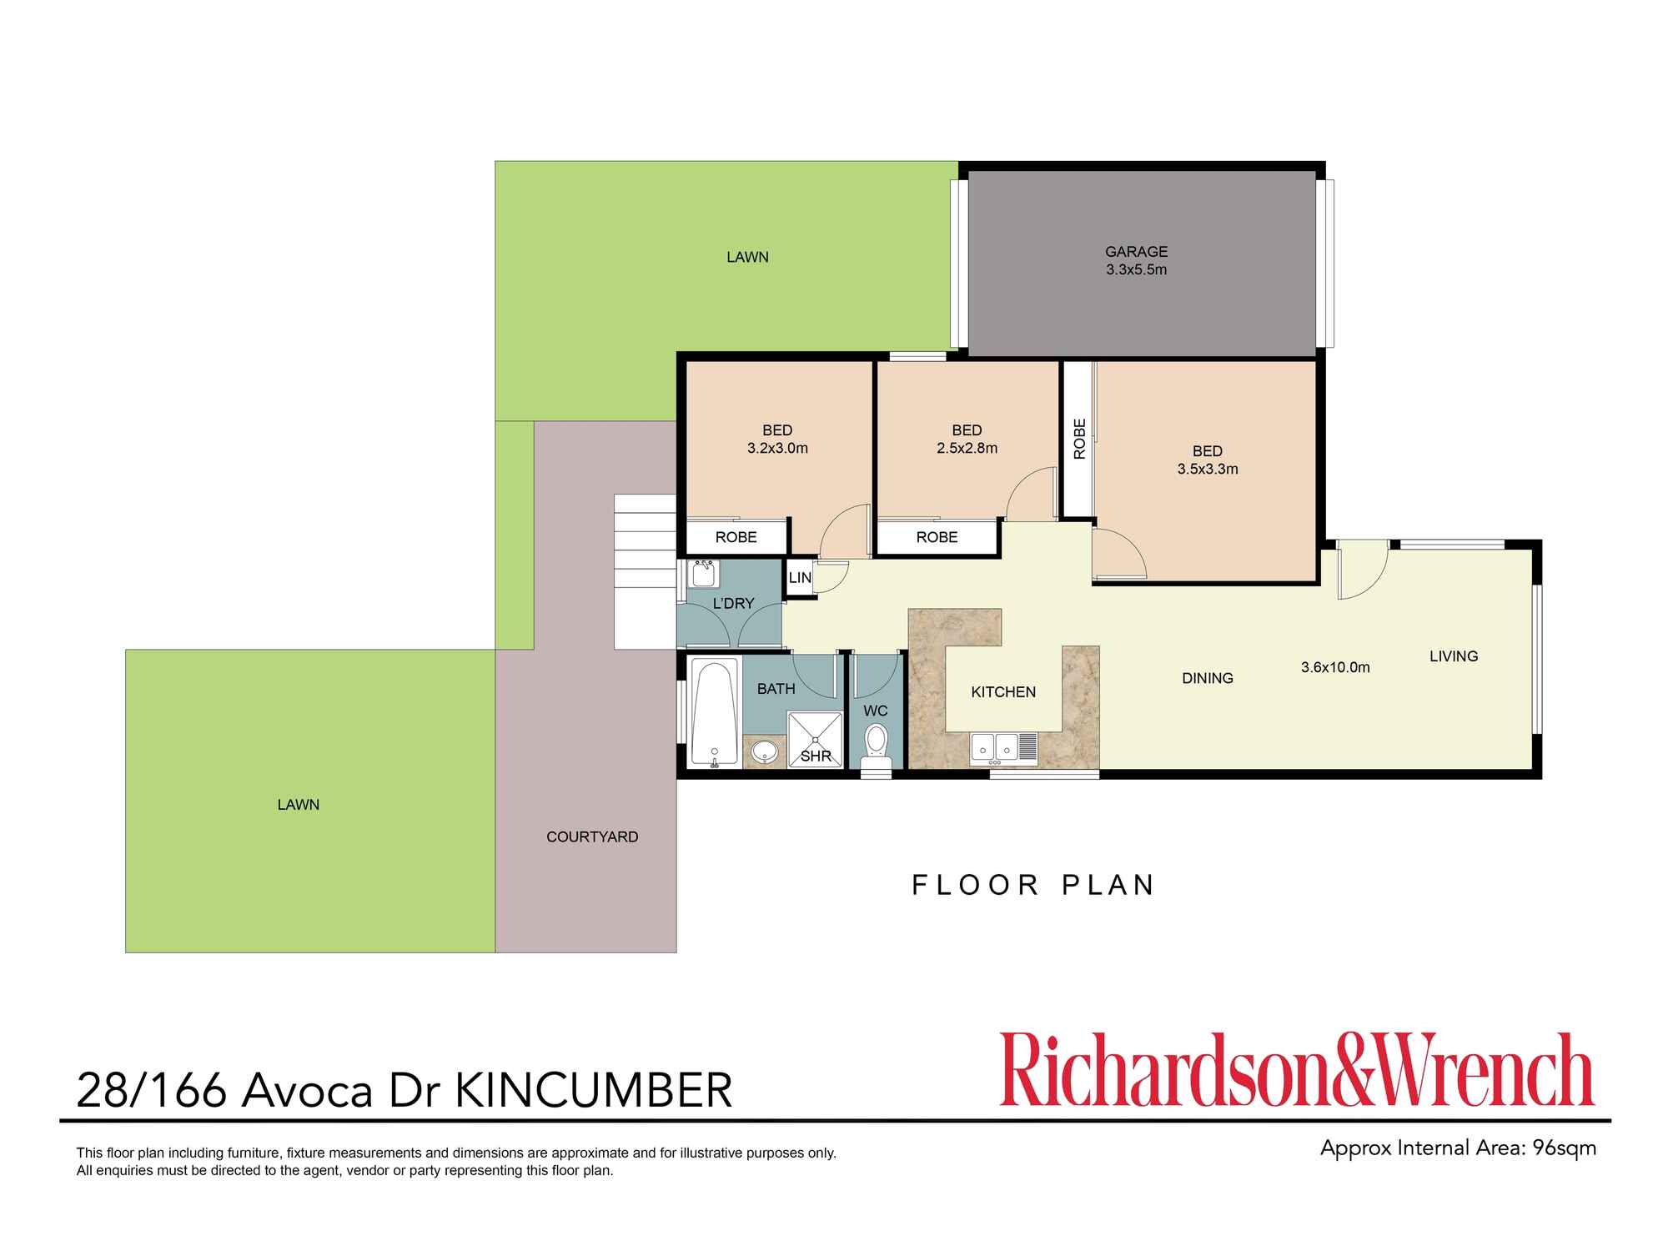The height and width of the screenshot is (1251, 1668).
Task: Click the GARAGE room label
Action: [x=1136, y=251]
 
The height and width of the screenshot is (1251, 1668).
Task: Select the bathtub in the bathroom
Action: [x=715, y=713]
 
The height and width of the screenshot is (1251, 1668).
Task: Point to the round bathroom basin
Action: [x=764, y=751]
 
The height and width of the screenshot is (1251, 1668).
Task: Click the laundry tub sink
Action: [x=703, y=574]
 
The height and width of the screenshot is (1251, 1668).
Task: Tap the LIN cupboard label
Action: [x=800, y=578]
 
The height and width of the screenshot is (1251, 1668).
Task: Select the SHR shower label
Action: [x=815, y=756]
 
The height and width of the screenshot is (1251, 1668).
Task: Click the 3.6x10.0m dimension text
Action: [x=1335, y=667]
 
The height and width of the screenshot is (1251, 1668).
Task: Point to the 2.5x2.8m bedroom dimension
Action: [x=967, y=448]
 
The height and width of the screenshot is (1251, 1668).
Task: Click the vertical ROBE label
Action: [x=1079, y=439]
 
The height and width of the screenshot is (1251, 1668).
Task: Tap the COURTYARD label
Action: [x=592, y=837]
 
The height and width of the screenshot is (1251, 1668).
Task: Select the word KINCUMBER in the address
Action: [x=595, y=1090]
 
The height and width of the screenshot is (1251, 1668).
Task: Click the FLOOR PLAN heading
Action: [x=1032, y=885]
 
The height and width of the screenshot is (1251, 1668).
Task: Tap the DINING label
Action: [x=1207, y=678]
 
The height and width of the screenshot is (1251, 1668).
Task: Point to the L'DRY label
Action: [x=733, y=603]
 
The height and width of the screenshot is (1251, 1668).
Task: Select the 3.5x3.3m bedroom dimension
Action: [x=1207, y=469]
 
